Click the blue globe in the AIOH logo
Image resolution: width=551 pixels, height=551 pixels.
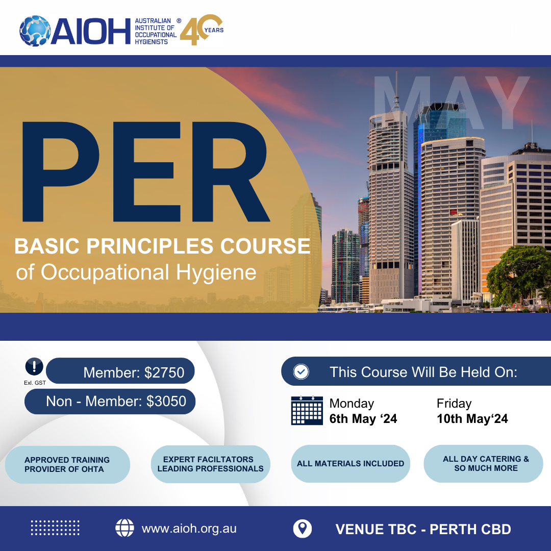[35, 31]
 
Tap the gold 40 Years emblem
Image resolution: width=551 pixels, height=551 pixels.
[202, 30]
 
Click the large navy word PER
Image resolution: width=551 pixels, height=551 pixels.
[146, 171]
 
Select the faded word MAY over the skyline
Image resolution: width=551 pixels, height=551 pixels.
[451, 103]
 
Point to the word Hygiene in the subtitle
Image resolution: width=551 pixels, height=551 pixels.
[216, 272]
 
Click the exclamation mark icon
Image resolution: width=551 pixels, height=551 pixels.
[34, 366]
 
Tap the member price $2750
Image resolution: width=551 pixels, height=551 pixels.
[164, 372]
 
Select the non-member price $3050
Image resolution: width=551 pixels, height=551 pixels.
[166, 402]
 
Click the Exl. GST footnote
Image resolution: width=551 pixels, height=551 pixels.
[35, 383]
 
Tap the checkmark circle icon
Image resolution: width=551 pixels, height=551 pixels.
[301, 371]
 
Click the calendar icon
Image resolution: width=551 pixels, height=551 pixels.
[307, 410]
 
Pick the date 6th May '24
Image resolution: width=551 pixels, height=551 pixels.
[363, 419]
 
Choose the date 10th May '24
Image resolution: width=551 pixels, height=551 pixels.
[472, 419]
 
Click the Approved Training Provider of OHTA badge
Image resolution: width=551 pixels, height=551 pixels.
[67, 465]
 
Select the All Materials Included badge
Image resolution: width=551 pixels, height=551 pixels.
[350, 463]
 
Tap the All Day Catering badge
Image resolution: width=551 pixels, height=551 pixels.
[483, 463]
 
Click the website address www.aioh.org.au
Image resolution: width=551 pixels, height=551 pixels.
[189, 529]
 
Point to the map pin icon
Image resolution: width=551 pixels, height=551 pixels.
[302, 529]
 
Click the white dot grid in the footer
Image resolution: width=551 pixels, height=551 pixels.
[55, 528]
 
